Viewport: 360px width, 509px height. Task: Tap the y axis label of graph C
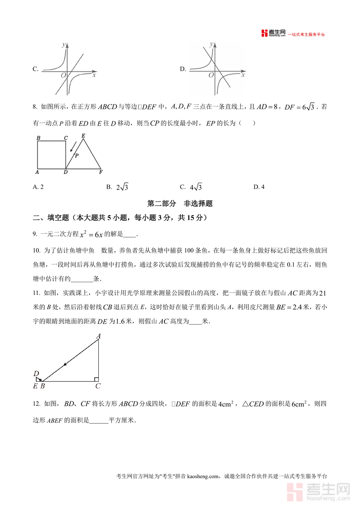63,45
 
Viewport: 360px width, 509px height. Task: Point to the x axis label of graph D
243,75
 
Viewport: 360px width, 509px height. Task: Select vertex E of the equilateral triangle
83,136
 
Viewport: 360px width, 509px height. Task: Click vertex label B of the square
38,138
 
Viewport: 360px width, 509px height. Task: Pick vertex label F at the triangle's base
100,172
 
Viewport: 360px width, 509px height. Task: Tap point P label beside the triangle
77,155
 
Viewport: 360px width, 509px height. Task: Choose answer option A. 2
38,187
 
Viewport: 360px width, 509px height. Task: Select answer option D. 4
259,187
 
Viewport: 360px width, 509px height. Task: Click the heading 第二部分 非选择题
180,203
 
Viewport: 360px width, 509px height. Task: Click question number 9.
35,234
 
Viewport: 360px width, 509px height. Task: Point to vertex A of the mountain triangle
98,337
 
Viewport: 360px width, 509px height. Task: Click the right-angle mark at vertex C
96,379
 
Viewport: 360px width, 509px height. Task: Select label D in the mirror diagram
36,374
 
